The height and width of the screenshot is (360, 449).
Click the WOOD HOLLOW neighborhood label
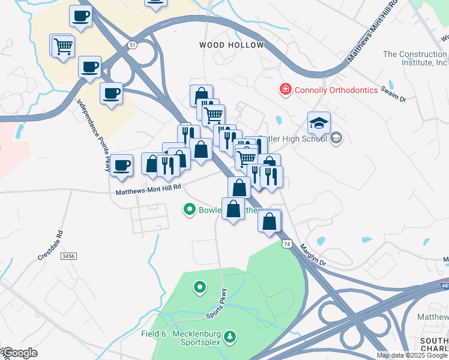[231, 46]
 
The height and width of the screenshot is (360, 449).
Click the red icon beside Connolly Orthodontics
[286, 90]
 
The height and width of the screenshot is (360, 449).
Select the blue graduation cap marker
[319, 123]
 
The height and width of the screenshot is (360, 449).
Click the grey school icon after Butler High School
[336, 139]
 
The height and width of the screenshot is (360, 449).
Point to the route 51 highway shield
[132, 45]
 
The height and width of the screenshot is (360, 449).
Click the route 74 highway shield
[286, 244]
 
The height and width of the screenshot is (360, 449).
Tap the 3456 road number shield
[69, 256]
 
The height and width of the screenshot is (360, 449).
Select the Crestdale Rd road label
[50, 245]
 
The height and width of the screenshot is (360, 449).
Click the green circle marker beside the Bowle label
[190, 209]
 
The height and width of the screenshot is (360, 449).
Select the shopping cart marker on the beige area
[63, 46]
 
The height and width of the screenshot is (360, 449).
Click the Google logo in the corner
[19, 353]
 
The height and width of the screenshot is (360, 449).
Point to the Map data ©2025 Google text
[412, 355]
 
